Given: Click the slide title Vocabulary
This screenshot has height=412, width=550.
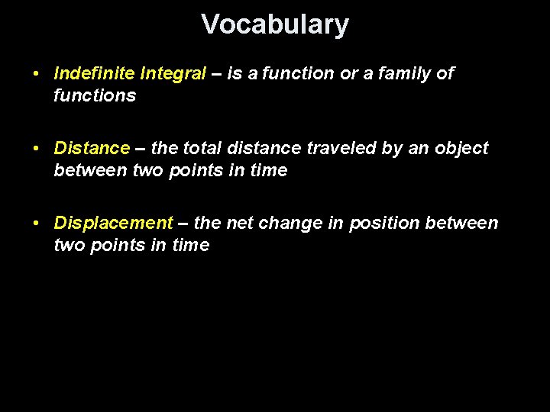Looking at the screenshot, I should point(275,24).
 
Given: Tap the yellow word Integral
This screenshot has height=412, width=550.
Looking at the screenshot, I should point(173,73).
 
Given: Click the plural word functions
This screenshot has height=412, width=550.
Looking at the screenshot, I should point(95,95).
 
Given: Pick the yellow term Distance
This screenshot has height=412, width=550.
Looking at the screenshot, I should point(92,148).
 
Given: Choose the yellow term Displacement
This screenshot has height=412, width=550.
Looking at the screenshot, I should point(114,223).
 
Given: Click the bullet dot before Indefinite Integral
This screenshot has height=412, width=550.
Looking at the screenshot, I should point(37,74).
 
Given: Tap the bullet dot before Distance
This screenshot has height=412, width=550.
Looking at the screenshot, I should point(37,149).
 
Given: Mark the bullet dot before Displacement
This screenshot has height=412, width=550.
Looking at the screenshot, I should point(37,224).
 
